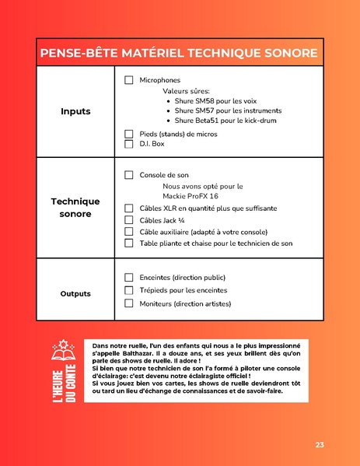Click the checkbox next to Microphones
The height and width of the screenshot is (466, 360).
coord(129,80)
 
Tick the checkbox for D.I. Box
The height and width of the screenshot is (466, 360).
coord(129,144)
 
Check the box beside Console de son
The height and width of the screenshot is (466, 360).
coord(129,175)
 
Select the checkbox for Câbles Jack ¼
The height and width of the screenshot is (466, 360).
coord(129,220)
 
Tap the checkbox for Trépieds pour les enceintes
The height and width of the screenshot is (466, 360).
coord(129,290)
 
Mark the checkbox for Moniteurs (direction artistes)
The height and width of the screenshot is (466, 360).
coord(129,303)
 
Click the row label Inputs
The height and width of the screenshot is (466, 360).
coord(75,111)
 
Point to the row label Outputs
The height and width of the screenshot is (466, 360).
coord(75,293)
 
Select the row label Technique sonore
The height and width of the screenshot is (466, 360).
coord(75,207)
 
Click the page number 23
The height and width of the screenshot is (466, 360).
coord(320,444)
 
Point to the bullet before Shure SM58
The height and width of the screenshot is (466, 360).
coord(169,101)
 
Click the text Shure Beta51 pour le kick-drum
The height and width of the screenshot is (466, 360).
coord(225,121)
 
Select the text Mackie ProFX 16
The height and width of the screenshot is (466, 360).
coord(190,196)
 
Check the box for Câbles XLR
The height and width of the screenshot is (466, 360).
coord(129,208)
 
